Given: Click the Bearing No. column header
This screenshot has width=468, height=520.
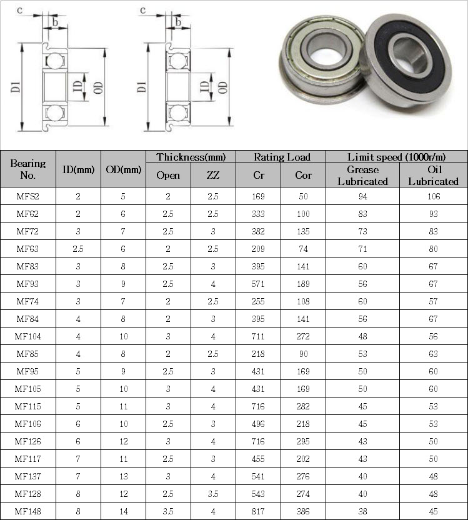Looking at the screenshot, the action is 28,169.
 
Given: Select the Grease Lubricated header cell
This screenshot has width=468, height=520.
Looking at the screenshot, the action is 362,176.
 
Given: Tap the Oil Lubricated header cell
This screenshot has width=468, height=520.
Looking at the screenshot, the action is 433,176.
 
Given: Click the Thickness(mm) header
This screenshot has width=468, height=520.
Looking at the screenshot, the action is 191,157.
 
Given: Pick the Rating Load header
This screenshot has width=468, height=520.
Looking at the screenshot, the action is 282,157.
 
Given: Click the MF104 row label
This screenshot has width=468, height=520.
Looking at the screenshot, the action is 28,336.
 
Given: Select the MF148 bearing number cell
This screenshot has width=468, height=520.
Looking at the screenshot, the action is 28,511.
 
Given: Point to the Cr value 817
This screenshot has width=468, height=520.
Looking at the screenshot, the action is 258,511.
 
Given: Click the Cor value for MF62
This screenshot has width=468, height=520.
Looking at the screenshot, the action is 303,214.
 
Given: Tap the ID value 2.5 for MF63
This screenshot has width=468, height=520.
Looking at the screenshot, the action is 78,249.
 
